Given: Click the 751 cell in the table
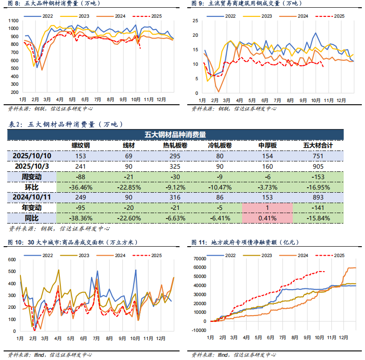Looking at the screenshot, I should [318, 156].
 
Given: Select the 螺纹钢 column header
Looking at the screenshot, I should [81, 146].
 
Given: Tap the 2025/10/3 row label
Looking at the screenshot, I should [32, 166].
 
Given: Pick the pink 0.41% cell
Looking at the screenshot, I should [267, 218].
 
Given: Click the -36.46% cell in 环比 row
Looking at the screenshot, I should [81, 187].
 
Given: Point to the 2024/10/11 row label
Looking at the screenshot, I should [32, 197].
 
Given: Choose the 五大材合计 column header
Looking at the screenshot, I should [318, 146].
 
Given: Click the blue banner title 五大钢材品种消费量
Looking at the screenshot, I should [175, 134].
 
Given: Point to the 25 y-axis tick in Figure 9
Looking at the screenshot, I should [195, 21].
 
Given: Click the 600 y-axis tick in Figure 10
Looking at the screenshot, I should [12, 260].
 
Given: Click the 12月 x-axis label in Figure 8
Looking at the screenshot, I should [161, 99].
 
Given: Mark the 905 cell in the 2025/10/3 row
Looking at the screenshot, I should [318, 166].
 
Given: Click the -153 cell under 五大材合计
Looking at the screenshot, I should [318, 176].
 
